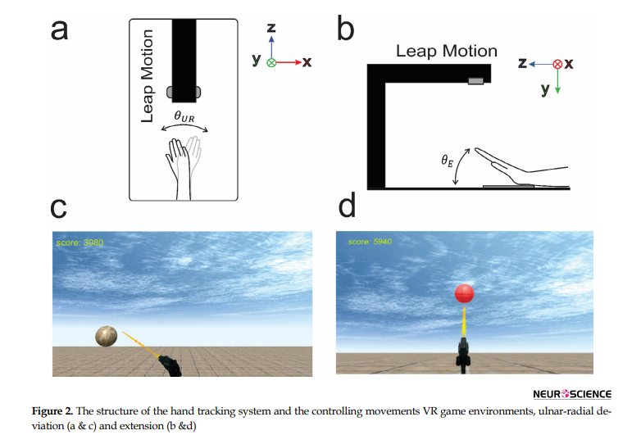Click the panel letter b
(x=346, y=31)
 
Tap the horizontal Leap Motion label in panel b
(x=446, y=51)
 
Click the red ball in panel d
(x=465, y=292)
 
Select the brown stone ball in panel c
(x=107, y=336)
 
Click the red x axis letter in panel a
(x=307, y=62)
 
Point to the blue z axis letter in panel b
(x=521, y=62)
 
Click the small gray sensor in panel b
(x=475, y=80)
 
